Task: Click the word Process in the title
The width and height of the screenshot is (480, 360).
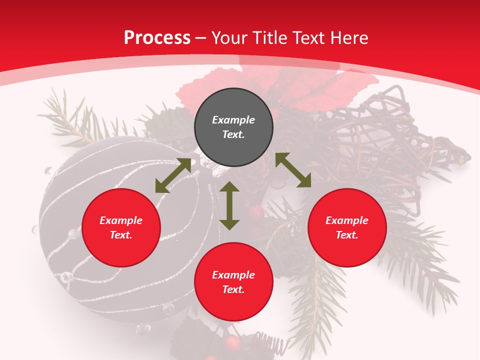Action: [157, 38]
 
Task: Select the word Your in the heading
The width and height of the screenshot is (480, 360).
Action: [230, 38]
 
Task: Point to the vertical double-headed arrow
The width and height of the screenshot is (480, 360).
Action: [229, 205]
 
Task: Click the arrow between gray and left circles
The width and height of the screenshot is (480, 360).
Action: [173, 175]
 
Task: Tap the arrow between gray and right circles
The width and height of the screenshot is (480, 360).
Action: [293, 170]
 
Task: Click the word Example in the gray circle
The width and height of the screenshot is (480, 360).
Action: [233, 120]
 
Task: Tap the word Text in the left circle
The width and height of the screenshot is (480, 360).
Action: [120, 235]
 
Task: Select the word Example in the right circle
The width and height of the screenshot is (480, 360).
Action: [347, 220]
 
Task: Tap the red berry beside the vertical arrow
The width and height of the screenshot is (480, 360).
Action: [256, 212]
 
